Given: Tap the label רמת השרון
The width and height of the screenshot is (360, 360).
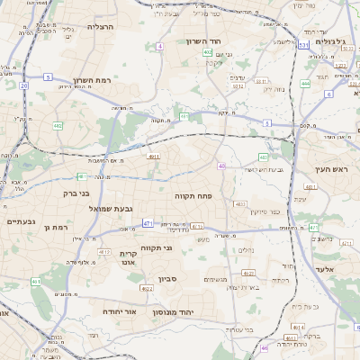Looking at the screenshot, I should pyautogui.click(x=94, y=80).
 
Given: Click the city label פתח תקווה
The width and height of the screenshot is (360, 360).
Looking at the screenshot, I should pyautogui.click(x=193, y=194).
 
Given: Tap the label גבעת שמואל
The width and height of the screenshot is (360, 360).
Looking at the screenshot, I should pyautogui.click(x=111, y=209).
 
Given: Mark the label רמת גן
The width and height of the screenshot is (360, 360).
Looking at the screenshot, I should pyautogui.click(x=56, y=228).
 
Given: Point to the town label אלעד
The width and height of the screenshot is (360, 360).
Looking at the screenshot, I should pyautogui.click(x=325, y=268).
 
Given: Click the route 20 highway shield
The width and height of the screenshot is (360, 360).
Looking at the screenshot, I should pyautogui.click(x=23, y=86).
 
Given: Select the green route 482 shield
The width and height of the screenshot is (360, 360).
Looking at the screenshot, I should pyautogui.click(x=58, y=126).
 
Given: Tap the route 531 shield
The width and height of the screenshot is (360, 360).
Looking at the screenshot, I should pyautogui.click(x=304, y=44).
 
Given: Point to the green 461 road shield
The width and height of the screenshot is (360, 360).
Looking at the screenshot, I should pyautogui.click(x=36, y=282).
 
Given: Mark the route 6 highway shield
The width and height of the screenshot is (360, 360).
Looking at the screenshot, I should pyautogui.click(x=328, y=94).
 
